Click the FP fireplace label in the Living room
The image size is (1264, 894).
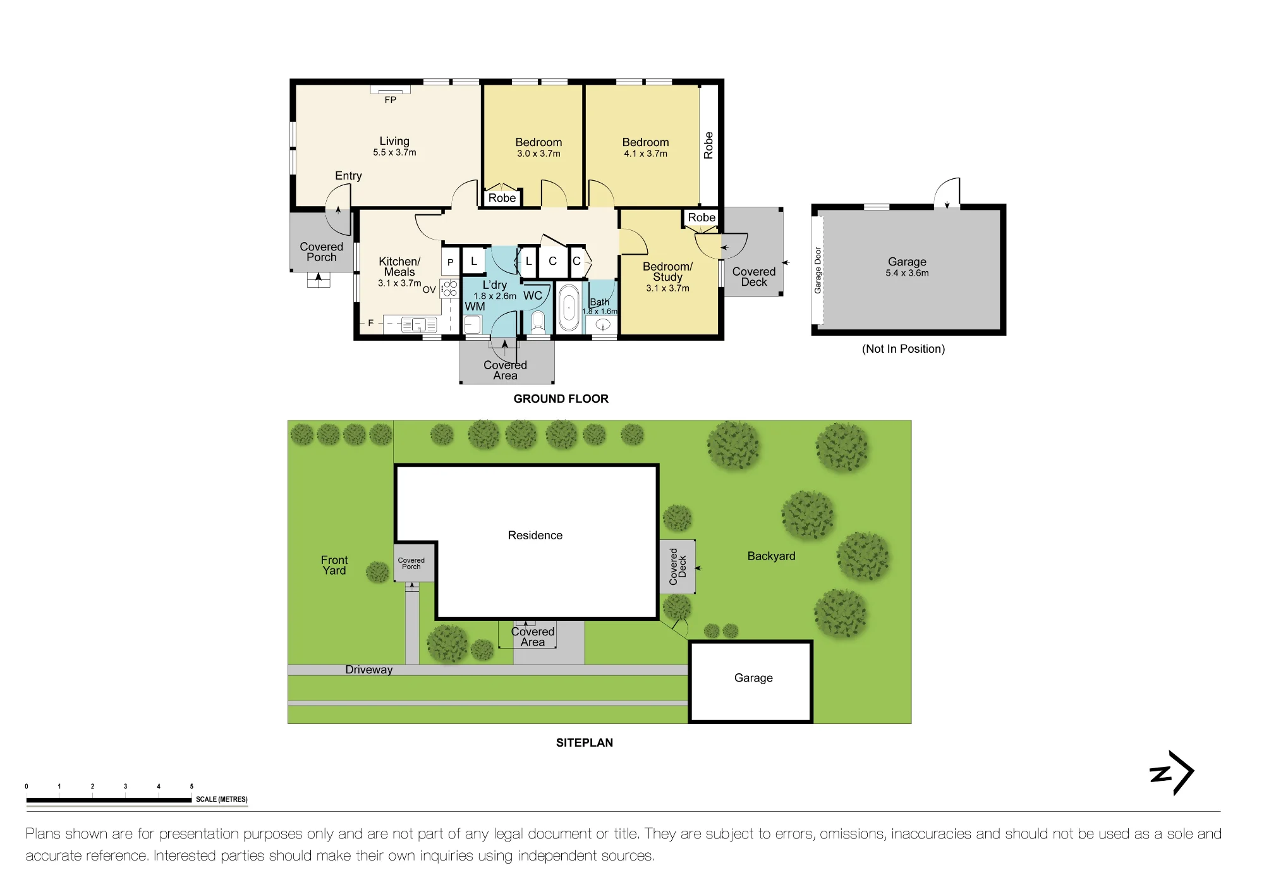coord(391,100)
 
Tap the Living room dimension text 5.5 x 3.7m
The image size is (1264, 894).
coord(394,152)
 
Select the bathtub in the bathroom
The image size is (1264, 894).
coord(569,308)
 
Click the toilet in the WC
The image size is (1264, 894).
coord(538,322)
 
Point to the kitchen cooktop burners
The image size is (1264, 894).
coord(450,289)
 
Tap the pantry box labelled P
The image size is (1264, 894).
coord(451,261)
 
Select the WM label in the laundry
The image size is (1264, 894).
coord(475,307)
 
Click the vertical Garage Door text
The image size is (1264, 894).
coord(818,270)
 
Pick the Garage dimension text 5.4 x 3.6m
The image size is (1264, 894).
coord(907,273)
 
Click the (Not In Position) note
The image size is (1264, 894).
coord(903,349)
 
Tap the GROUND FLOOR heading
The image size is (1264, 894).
coord(561,399)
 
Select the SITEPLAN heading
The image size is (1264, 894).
coord(585,743)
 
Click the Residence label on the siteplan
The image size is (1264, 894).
coord(535,536)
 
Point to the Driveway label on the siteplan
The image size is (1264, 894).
coord(369,670)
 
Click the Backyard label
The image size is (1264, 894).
coord(771,556)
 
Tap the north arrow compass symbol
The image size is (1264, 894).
coord(1172,773)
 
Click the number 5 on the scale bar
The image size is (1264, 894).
coord(191,787)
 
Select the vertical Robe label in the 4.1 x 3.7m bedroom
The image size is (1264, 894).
coord(708,145)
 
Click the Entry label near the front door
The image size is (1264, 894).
coord(348,176)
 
